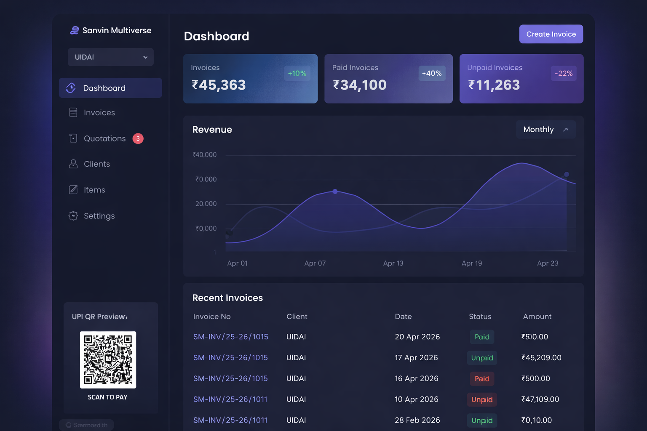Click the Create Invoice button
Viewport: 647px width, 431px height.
pos(551,34)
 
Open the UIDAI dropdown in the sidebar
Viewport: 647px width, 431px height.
pos(110,57)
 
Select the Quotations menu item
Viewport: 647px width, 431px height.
pos(104,138)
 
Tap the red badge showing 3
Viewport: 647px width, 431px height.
pos(138,138)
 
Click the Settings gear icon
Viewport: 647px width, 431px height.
pos(73,216)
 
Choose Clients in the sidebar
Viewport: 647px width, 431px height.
pos(96,164)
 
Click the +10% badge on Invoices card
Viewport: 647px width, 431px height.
pos(297,73)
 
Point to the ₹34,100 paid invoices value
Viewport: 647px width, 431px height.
pos(360,85)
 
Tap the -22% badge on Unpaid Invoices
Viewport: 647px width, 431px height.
pos(564,73)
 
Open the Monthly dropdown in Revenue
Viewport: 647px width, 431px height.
pos(545,130)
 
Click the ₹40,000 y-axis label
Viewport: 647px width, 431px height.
pos(205,155)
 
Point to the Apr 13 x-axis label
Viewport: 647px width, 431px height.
pos(393,263)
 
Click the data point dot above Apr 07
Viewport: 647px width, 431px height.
pos(335,192)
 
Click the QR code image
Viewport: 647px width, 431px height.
pos(108,359)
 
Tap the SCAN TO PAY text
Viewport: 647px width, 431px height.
pos(107,397)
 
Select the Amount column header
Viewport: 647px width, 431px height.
pos(537,317)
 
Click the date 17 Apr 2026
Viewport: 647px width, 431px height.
pos(416,358)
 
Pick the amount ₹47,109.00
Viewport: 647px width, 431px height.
pos(540,399)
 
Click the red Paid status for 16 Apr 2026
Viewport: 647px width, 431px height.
pos(482,379)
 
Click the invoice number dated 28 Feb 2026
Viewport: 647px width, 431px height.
pos(230,420)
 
